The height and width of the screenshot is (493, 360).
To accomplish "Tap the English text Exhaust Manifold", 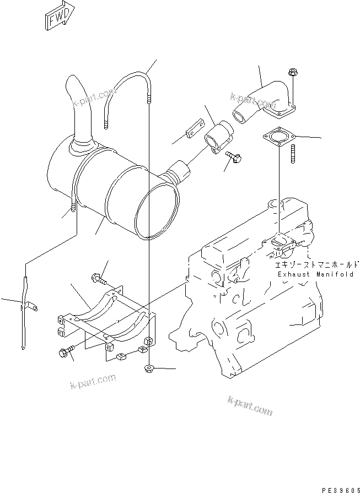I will tap(315, 274).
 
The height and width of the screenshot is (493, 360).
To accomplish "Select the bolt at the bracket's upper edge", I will tap(96, 278).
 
